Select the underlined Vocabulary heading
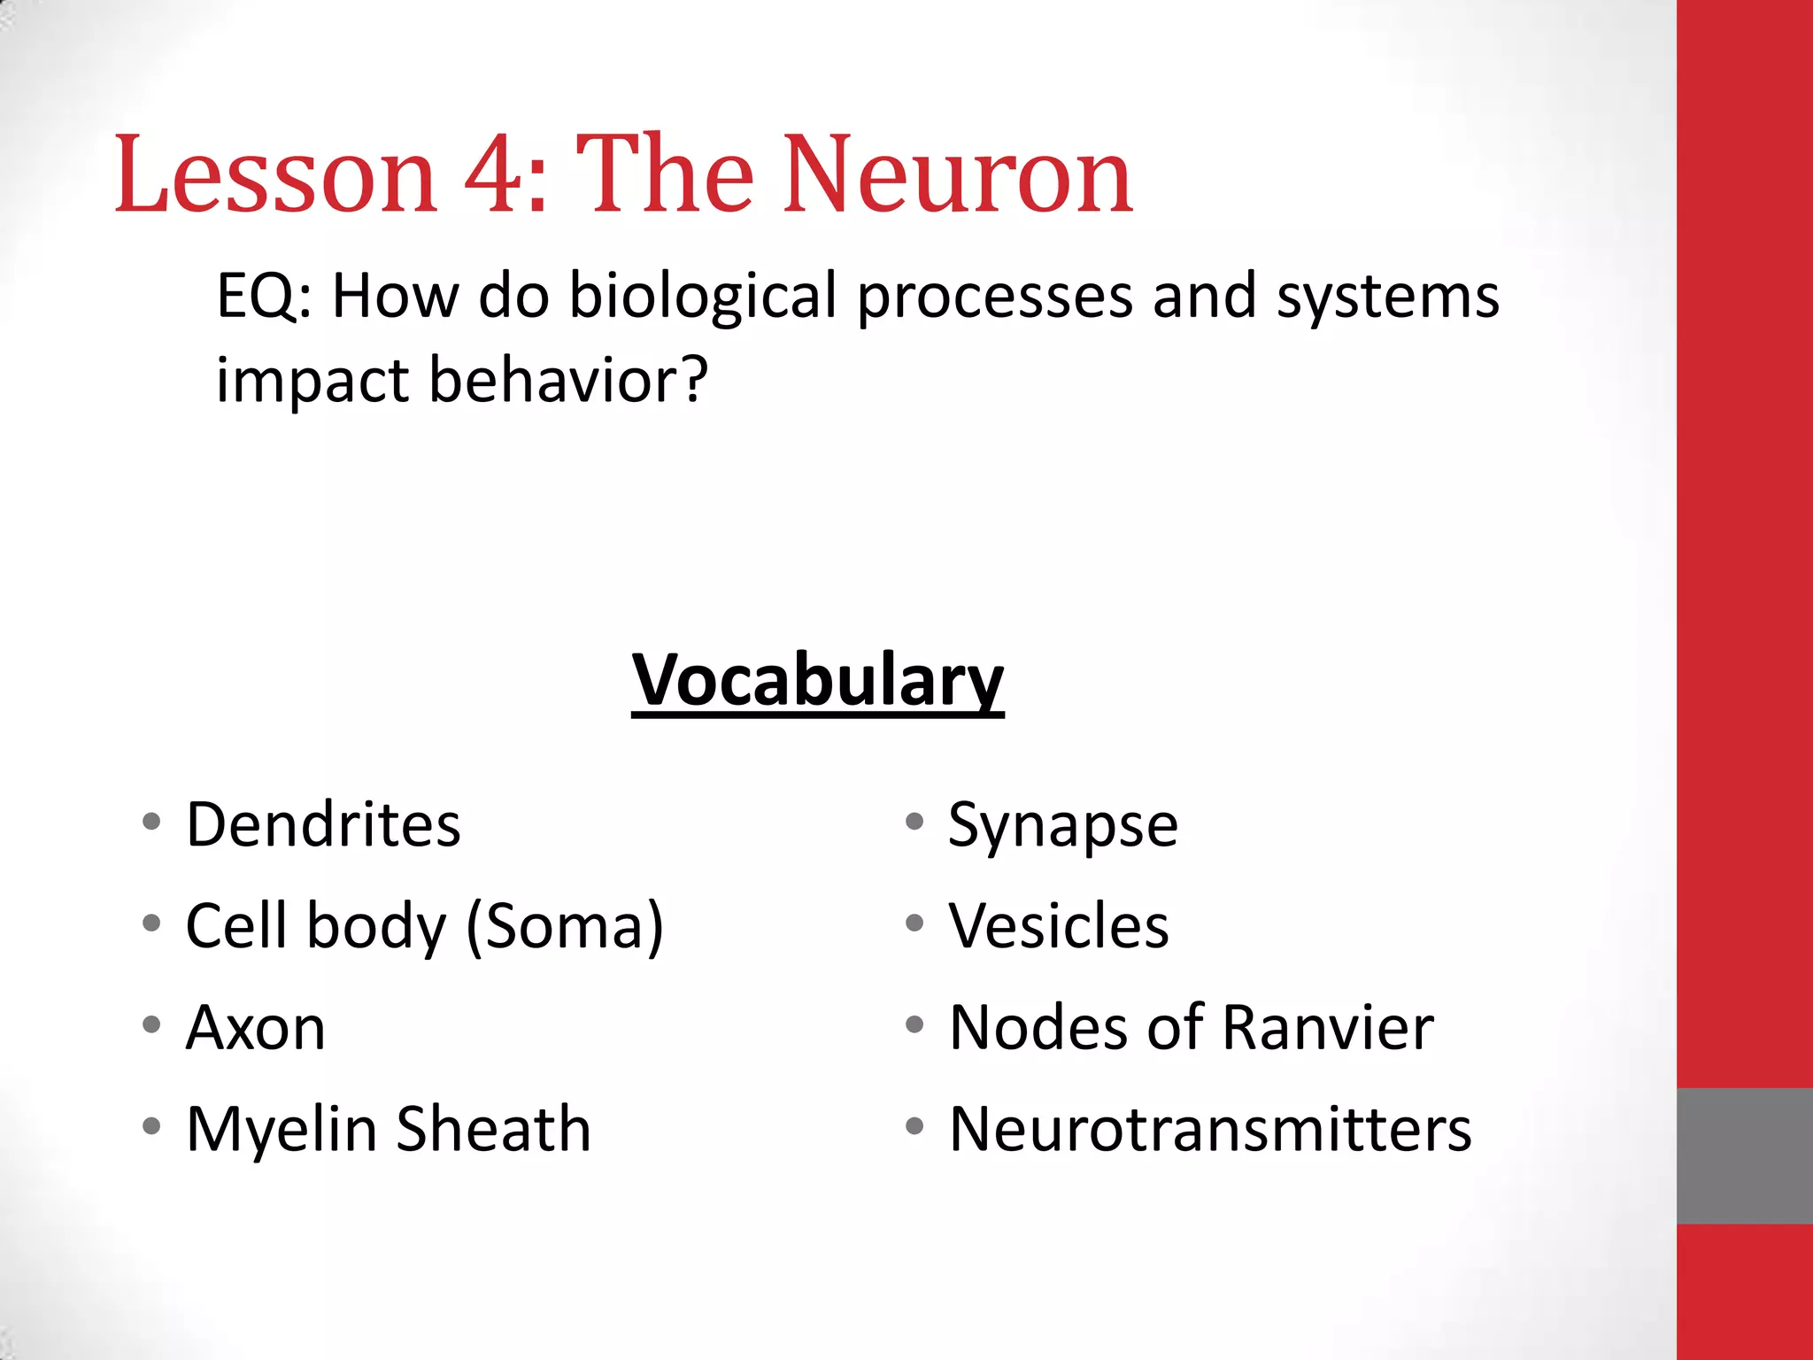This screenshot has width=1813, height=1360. [817, 680]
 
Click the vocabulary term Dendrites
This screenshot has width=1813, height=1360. [323, 825]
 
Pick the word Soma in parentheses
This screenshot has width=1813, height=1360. [565, 926]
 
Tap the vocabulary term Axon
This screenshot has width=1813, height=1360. [256, 1028]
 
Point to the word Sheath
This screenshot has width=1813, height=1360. [493, 1130]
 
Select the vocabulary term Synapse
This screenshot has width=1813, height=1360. [1062, 825]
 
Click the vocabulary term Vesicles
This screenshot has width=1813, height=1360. [1059, 926]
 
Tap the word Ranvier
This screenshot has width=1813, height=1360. [1328, 1028]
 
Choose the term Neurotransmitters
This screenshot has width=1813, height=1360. [1210, 1130]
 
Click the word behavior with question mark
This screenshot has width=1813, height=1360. [568, 380]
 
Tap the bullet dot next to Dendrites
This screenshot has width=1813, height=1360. [151, 822]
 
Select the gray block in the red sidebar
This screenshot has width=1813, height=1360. [1744, 1155]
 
